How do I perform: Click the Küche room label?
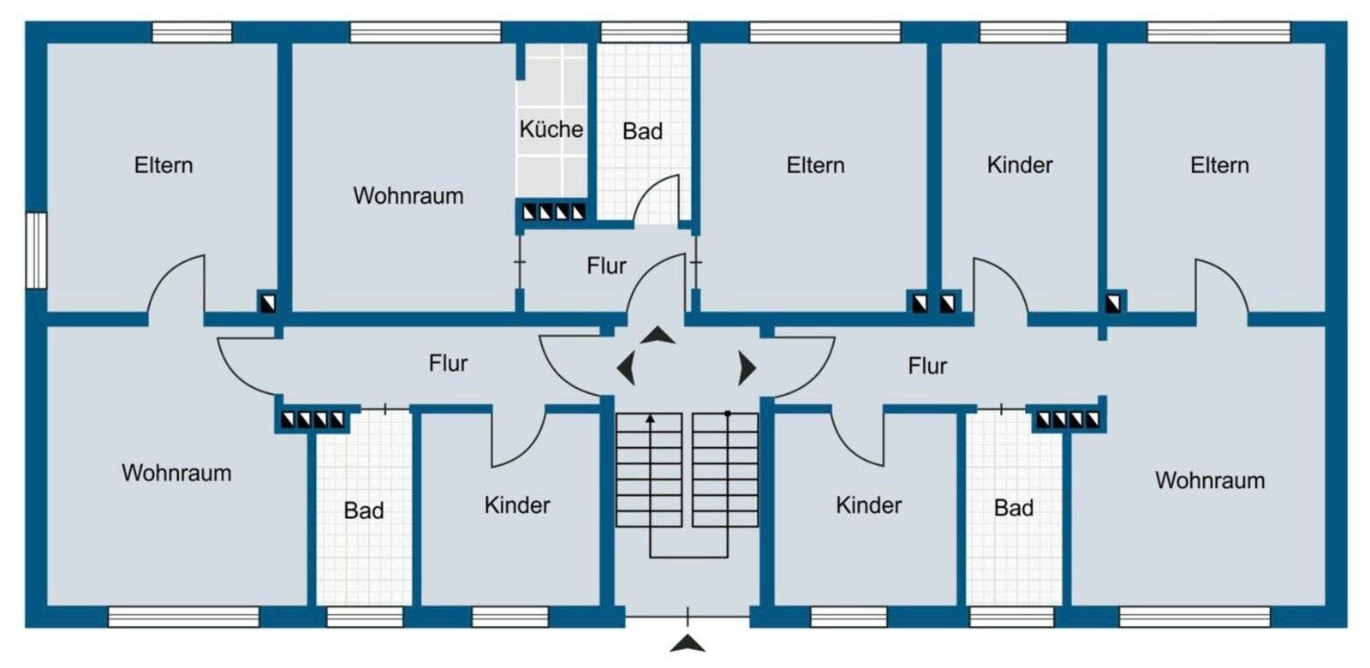click(551, 129)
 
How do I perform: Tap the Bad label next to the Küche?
click(642, 131)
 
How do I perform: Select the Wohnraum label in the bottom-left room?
click(176, 473)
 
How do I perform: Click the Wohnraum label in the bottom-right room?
click(1209, 480)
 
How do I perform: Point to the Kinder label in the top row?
click(1019, 164)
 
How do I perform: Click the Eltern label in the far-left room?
click(164, 164)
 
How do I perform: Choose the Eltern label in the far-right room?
click(1219, 164)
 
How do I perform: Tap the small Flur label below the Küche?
click(606, 265)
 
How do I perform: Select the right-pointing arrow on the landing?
click(747, 368)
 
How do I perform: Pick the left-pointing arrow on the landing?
click(627, 369)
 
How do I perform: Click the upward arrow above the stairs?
click(658, 335)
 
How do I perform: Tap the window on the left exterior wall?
click(35, 250)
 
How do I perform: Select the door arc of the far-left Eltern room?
click(177, 283)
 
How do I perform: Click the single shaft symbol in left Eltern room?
click(268, 301)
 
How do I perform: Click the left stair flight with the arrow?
click(649, 469)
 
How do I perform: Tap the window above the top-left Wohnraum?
click(425, 33)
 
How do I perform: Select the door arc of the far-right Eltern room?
click(1222, 285)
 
